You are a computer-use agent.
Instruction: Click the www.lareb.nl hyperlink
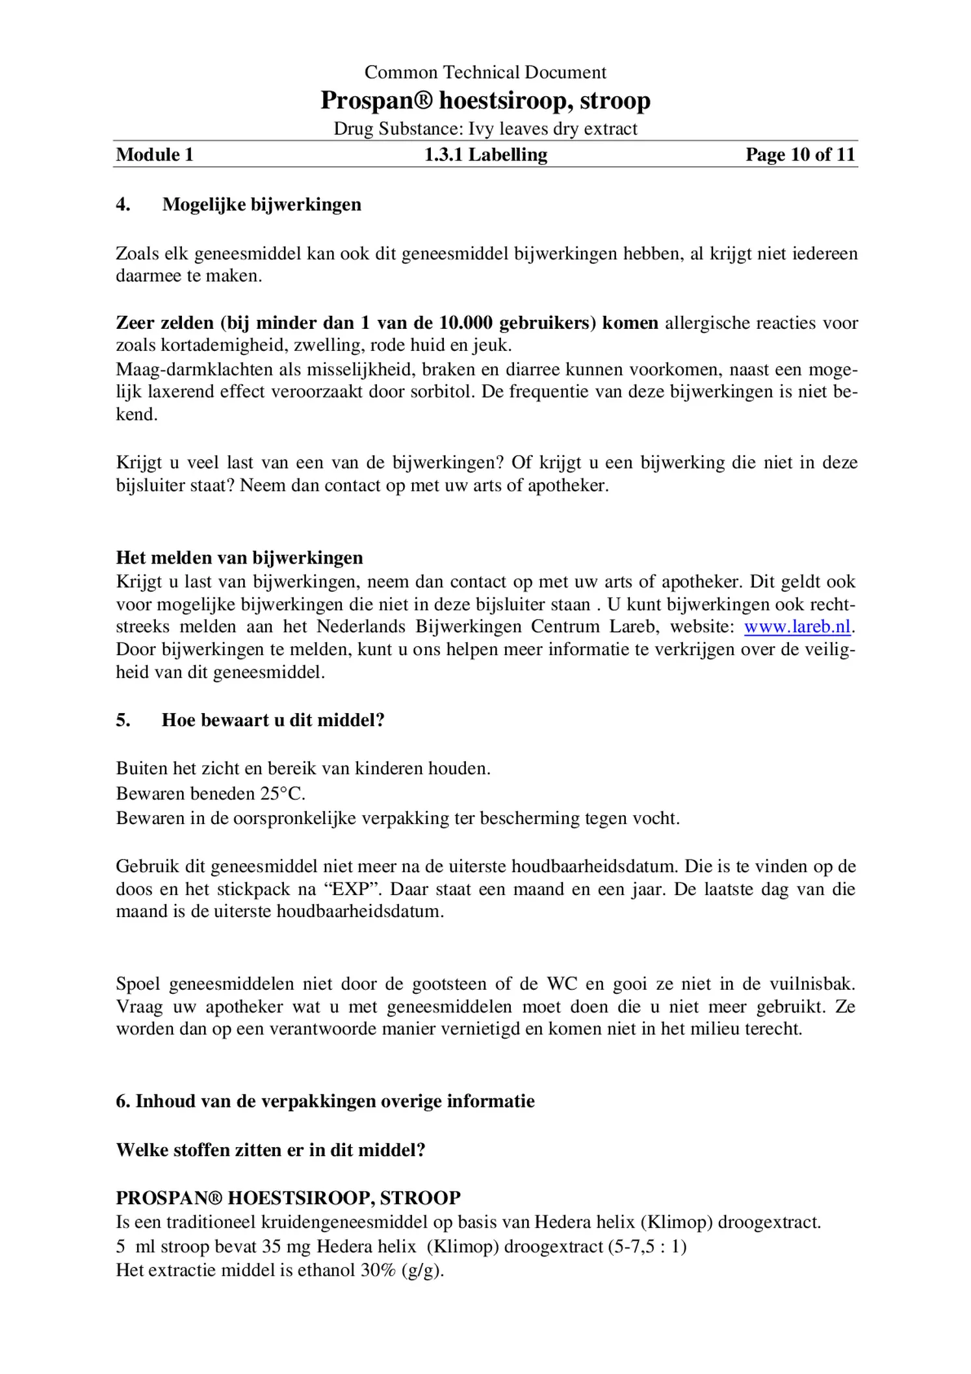797,627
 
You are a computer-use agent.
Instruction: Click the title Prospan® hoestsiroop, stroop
485,100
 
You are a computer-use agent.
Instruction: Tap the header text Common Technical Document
485,72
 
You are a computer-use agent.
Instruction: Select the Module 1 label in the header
155,155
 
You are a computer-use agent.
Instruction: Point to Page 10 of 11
799,155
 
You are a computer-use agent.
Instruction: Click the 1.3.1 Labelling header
485,155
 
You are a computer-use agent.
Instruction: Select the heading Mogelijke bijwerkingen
261,204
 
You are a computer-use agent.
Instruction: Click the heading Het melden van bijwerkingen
239,558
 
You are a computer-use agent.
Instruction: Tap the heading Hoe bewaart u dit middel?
273,720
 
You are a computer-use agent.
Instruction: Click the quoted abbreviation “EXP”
351,888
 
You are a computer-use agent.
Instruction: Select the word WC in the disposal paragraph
562,983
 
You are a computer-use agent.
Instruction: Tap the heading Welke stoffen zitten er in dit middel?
270,1150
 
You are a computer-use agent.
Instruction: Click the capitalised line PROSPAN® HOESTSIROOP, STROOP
288,1197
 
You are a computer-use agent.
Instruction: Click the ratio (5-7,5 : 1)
647,1246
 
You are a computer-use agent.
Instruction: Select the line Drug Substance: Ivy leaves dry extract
485,129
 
